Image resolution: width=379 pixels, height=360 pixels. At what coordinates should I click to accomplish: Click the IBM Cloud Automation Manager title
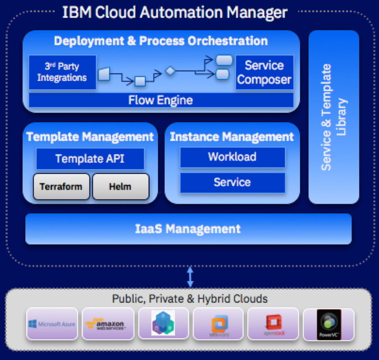coord(175,12)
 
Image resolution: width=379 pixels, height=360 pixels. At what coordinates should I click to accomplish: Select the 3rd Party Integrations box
coord(62,72)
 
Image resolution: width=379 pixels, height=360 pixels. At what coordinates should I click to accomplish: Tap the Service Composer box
coord(264,73)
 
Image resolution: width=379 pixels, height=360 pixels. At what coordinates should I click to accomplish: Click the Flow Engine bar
coord(161,100)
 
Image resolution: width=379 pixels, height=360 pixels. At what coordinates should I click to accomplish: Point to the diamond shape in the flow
coord(170,71)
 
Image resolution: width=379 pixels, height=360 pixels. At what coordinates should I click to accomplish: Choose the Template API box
coord(90,159)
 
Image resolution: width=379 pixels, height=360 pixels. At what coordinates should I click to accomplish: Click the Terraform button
coord(61,186)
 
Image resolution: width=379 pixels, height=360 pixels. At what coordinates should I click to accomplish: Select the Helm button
coord(120,186)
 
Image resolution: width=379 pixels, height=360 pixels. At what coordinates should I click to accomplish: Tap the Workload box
coord(232,157)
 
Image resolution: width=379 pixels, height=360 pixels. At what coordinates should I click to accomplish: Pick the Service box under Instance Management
coord(232,182)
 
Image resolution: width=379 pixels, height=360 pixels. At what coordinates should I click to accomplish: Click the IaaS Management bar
coord(188,229)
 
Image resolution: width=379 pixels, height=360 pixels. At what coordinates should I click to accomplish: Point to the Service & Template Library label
coord(333,117)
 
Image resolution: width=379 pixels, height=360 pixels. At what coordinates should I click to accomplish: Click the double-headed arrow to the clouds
coord(190,277)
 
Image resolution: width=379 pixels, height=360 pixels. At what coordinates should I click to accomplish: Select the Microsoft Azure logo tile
coord(51,324)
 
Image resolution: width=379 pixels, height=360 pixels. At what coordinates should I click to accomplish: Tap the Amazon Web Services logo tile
coord(107,324)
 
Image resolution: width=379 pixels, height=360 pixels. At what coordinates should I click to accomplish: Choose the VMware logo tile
coord(218,324)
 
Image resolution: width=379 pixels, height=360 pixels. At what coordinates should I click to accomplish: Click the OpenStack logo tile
coord(273,324)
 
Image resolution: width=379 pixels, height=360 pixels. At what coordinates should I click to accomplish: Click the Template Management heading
coord(90,136)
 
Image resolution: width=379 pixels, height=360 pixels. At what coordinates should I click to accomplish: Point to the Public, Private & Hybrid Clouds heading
coord(190,299)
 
